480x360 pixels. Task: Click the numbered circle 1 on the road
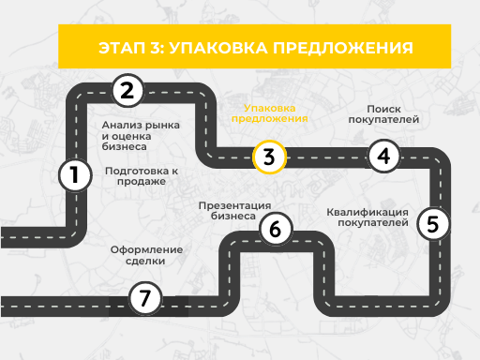coord(74,175)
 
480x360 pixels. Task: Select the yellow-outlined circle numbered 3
coord(268,157)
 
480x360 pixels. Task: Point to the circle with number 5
coord(431,224)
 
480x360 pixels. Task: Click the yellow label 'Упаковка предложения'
coord(269,113)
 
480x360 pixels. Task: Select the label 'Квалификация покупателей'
coord(368,217)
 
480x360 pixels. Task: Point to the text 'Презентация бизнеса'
coord(235,210)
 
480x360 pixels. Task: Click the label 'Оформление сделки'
coord(146,256)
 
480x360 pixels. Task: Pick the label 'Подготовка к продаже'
coord(142,176)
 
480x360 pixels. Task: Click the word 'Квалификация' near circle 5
coord(368,212)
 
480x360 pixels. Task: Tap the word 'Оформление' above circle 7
coord(146,250)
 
